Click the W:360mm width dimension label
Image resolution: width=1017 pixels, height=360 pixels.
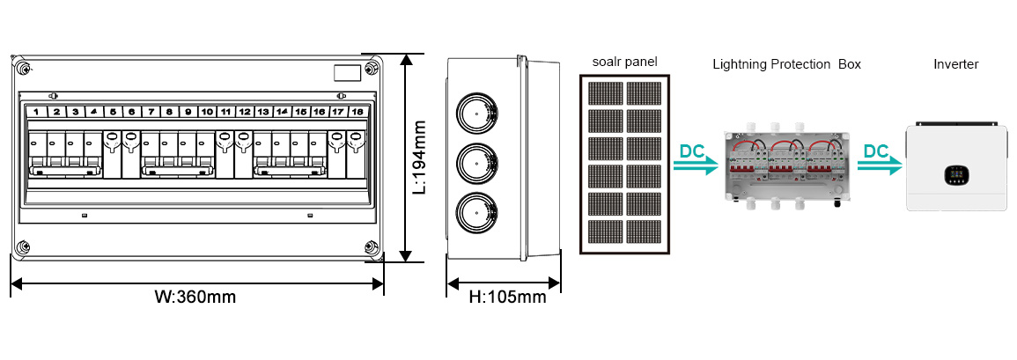click(x=195, y=297)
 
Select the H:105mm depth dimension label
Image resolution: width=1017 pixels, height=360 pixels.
click(x=506, y=298)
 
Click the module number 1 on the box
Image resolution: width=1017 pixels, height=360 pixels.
click(x=36, y=112)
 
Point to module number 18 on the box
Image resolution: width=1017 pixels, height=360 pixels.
click(x=357, y=112)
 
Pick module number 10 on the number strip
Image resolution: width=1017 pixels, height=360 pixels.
click(x=206, y=112)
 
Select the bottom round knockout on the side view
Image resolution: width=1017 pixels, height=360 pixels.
click(x=475, y=212)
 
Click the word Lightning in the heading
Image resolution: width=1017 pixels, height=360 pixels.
click(x=740, y=64)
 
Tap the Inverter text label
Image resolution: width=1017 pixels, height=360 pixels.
click(x=955, y=64)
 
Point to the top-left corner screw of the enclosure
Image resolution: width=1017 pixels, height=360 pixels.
click(x=24, y=68)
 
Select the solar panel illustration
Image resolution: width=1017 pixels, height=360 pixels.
click(x=626, y=163)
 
